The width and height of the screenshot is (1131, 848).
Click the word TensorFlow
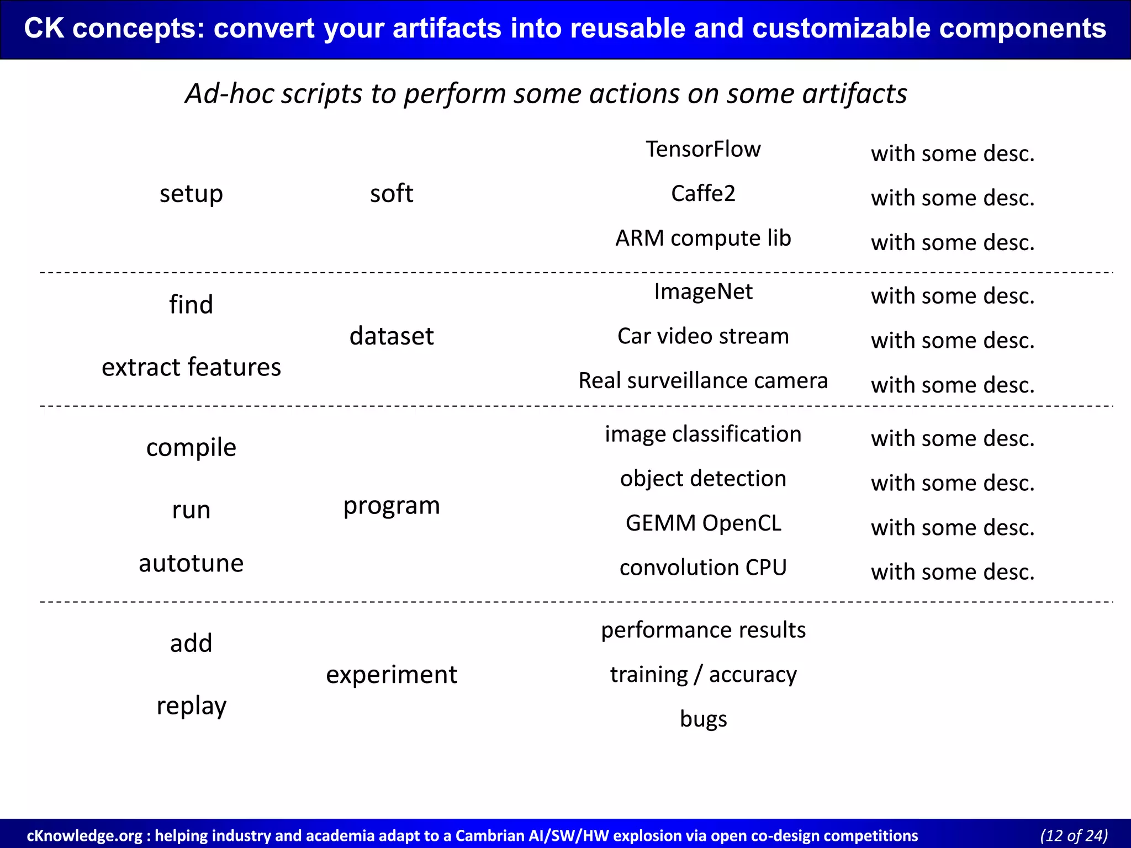tap(703, 149)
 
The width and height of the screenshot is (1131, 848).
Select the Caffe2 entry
tap(703, 194)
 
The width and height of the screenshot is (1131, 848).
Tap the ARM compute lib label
tap(703, 238)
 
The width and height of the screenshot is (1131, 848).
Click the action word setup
tap(191, 194)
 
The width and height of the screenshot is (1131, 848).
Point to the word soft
tap(392, 194)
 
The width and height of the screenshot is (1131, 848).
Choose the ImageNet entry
tap(703, 291)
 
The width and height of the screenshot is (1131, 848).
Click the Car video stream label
tap(703, 336)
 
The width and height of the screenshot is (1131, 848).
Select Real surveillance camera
tap(703, 380)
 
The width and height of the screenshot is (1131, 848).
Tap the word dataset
tap(392, 336)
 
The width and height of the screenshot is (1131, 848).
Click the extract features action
tap(191, 367)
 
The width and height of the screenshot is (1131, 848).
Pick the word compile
tap(191, 447)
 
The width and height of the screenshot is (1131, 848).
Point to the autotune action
tap(191, 563)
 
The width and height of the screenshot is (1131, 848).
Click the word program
tap(392, 506)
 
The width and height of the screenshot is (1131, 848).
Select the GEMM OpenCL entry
tap(703, 523)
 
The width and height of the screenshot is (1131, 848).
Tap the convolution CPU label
tap(703, 568)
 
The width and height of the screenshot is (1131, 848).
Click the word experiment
tap(392, 675)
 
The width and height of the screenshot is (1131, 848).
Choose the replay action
tap(191, 706)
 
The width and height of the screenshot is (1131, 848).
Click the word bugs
tap(703, 719)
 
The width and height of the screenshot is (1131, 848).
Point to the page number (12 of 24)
tap(1074, 835)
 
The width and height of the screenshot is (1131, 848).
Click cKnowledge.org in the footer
tap(84, 836)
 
